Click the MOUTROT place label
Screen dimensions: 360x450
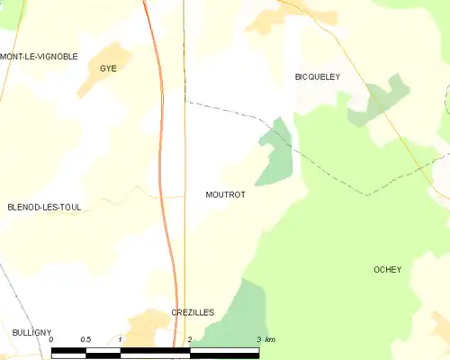coord(225,193)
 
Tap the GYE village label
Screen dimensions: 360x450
coord(109,68)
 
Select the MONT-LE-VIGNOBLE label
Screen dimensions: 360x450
coord(39,56)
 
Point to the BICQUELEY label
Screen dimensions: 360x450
coord(318,77)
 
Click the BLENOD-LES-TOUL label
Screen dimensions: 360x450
coord(44,207)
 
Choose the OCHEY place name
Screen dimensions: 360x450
coord(387,270)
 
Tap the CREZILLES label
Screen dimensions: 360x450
coord(193,311)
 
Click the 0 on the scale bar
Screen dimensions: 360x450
coord(51,339)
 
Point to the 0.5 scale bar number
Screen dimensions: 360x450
coord(85,339)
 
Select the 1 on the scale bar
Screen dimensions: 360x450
coord(120,339)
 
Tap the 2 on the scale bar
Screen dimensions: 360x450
coord(190,339)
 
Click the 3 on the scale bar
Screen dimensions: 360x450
coord(258,339)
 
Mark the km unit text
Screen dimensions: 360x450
coord(270,339)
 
